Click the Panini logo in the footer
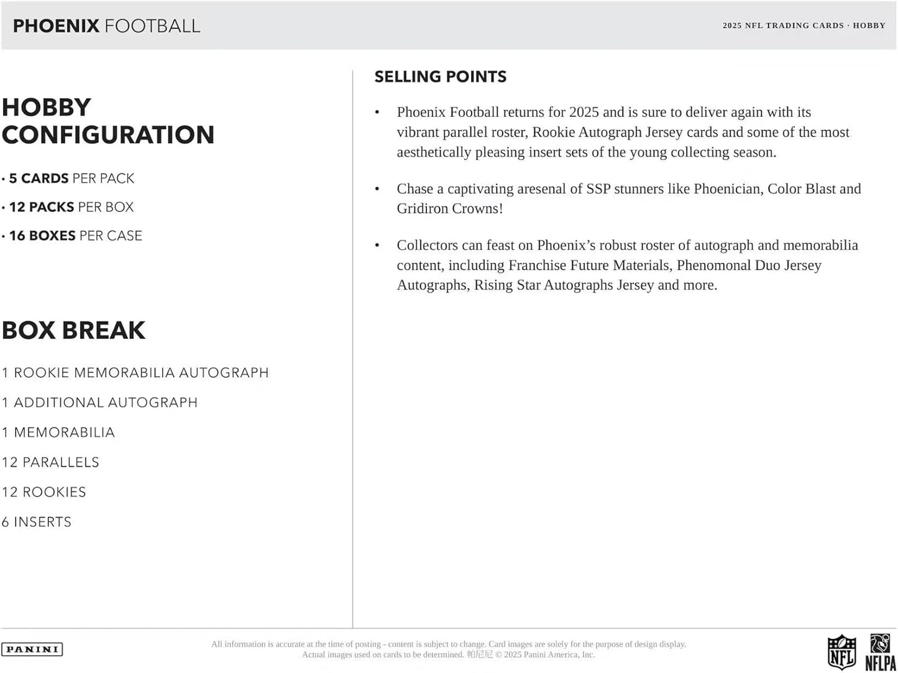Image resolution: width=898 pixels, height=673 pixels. [32, 649]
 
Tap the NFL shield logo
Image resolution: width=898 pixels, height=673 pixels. [841, 652]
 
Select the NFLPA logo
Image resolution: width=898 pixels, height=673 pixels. [880, 652]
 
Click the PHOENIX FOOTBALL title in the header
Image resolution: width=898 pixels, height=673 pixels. [106, 25]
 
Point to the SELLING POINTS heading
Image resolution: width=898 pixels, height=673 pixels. [440, 76]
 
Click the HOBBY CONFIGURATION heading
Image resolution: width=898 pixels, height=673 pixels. [108, 121]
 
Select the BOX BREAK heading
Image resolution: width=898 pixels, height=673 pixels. [73, 330]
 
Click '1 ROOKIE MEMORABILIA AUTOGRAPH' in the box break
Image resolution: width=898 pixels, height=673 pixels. [135, 373]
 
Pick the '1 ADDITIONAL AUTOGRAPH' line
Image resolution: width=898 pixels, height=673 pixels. [99, 403]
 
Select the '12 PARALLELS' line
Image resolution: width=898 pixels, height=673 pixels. [50, 462]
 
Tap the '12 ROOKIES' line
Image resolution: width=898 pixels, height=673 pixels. [44, 492]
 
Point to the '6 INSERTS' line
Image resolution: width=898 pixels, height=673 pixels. [37, 522]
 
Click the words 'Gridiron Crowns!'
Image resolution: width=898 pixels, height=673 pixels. [450, 209]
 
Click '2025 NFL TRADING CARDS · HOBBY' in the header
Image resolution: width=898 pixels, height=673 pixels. [804, 25]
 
